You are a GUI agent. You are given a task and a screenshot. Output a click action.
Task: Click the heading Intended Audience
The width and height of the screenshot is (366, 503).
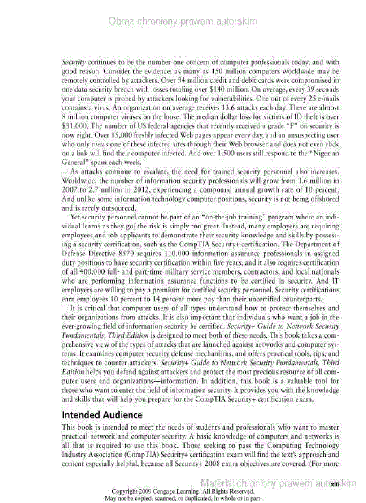[x=102, y=415]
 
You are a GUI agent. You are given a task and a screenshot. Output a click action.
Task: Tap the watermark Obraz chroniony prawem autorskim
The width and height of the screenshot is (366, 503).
[x=183, y=21]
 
